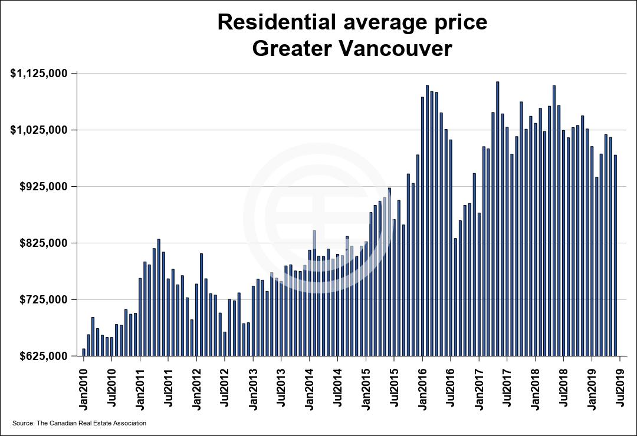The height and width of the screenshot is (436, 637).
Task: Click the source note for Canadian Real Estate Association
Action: [x=79, y=424]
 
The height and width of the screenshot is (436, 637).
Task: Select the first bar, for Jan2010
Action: [x=84, y=352]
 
